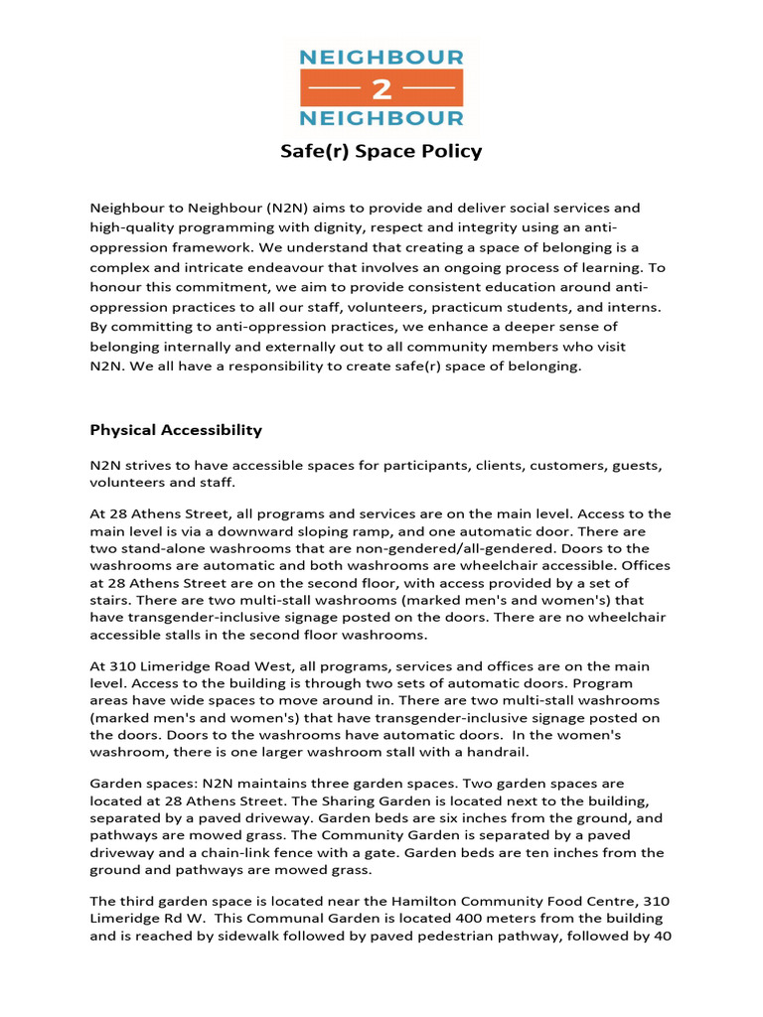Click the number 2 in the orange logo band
pyautogui.click(x=381, y=88)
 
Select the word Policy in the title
pyautogui.click(x=450, y=152)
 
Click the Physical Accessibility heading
pyautogui.click(x=176, y=430)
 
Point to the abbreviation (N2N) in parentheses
pyautogui.click(x=261, y=208)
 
